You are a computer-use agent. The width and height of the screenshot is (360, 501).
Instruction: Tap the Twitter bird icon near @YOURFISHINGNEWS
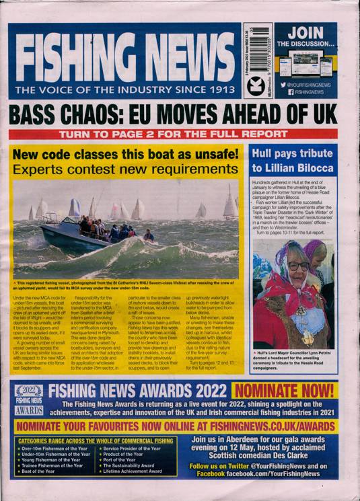click(284, 85)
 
